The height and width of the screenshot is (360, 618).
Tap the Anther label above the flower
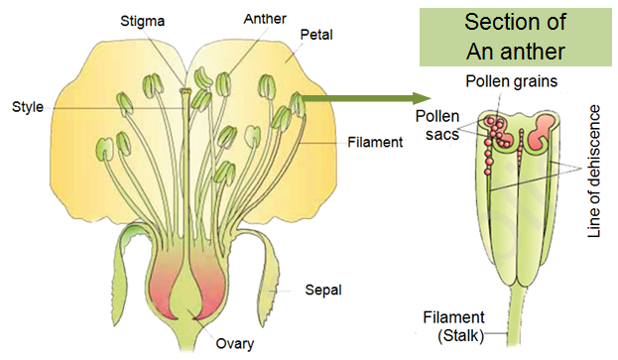click(253, 18)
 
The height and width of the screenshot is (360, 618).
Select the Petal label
click(315, 35)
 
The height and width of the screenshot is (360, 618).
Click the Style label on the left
click(28, 105)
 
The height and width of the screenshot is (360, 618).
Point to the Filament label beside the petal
click(375, 142)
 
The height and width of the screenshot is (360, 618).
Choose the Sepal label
click(322, 291)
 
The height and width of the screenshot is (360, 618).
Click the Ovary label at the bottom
click(235, 345)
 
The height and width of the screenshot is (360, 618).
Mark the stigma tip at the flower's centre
click(185, 92)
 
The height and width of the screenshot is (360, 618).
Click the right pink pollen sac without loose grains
click(543, 129)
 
